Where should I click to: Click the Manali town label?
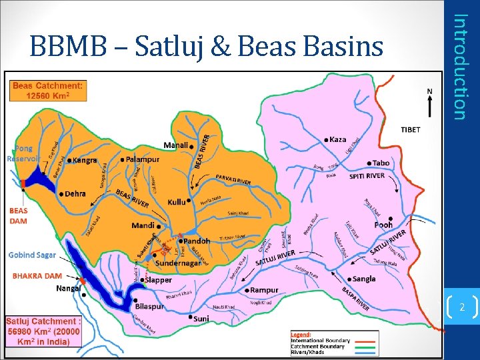(x=176, y=145)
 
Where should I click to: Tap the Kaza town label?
(x=337, y=139)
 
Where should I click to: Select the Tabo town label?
(x=381, y=163)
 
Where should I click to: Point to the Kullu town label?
(x=176, y=201)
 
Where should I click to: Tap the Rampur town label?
(x=265, y=290)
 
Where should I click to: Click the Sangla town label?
(x=364, y=279)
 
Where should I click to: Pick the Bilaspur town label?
(x=149, y=306)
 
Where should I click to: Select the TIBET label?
(x=411, y=129)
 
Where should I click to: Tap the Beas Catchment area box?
(x=47, y=91)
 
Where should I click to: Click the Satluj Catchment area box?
(x=43, y=331)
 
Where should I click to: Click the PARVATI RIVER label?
(x=233, y=179)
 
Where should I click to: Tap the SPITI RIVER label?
(x=367, y=176)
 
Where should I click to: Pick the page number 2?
(x=462, y=307)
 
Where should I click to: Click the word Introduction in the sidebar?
(x=459, y=67)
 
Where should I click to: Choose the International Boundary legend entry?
(x=320, y=340)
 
